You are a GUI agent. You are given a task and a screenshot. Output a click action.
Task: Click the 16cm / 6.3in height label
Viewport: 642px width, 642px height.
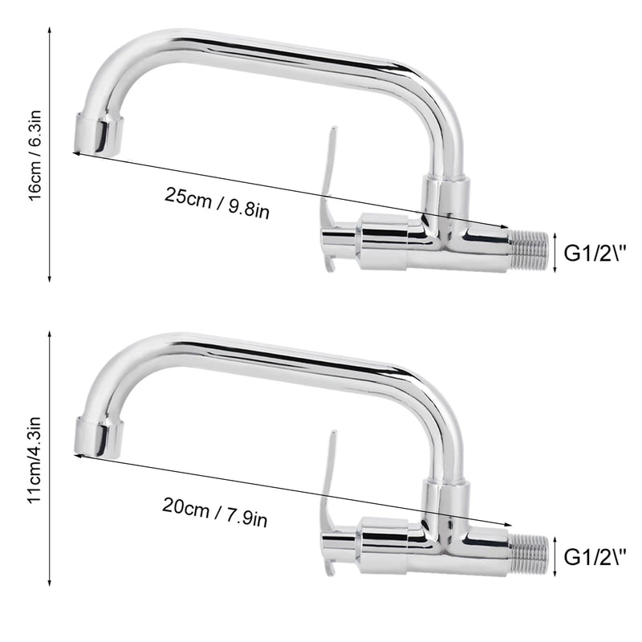(35, 155)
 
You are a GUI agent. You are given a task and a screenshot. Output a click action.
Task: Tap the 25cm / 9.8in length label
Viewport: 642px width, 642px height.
(217, 203)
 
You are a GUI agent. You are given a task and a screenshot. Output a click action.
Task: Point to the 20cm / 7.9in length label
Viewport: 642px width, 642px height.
(215, 512)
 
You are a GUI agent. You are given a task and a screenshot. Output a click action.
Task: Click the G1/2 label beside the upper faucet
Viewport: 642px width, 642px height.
(595, 253)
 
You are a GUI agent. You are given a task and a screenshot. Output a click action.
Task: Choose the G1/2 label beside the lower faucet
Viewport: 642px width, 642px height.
(595, 557)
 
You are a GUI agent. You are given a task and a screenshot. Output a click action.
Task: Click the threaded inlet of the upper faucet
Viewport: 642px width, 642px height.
(529, 250)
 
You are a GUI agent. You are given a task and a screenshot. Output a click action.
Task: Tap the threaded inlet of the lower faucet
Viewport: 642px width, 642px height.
(529, 554)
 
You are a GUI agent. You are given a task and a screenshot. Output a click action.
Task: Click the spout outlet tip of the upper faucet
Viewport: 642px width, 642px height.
(98, 134)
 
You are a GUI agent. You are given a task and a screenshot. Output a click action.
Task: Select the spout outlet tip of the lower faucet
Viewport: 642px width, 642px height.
(99, 437)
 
